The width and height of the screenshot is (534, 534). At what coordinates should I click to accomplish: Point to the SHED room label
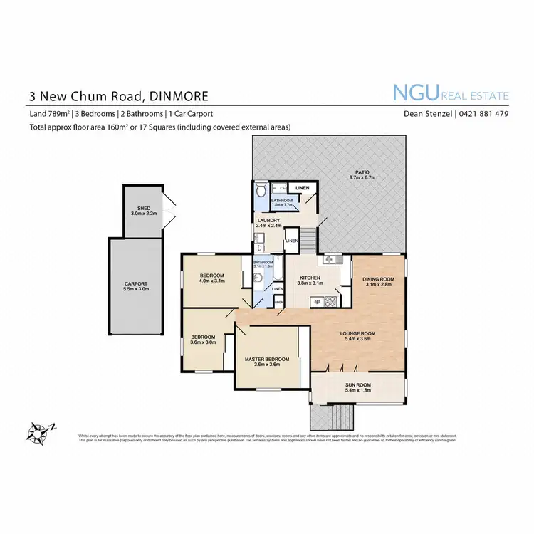click(x=144, y=209)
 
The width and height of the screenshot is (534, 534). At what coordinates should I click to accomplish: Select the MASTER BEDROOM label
click(x=267, y=360)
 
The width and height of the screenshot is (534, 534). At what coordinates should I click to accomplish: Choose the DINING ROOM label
click(x=378, y=279)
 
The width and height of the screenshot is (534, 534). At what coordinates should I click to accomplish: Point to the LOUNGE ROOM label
click(x=358, y=333)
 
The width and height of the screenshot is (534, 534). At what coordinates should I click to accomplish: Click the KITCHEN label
click(x=309, y=278)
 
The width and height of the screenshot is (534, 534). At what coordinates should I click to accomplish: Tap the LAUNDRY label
click(x=268, y=221)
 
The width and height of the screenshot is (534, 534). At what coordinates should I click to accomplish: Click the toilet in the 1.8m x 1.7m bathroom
click(x=261, y=192)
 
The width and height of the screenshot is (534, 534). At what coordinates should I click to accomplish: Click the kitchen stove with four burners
click(x=330, y=302)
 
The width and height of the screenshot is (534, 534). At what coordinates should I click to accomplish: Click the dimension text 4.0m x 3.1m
click(x=211, y=282)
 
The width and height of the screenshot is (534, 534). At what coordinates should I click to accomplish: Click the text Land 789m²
click(x=48, y=114)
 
